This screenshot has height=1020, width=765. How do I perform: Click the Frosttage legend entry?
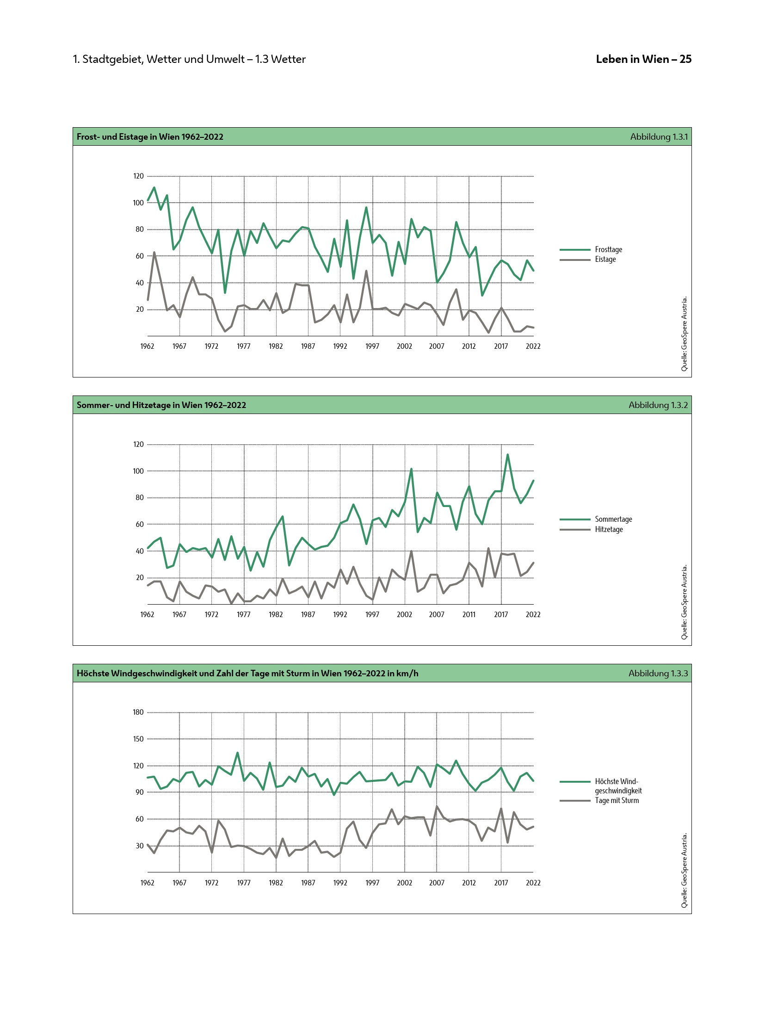click(608, 249)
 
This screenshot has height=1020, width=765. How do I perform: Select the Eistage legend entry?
click(605, 259)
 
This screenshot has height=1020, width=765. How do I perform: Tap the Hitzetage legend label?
click(609, 529)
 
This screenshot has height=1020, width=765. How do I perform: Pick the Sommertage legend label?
click(613, 519)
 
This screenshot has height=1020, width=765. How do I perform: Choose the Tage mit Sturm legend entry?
click(617, 800)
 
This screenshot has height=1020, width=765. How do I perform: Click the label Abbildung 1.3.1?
click(659, 136)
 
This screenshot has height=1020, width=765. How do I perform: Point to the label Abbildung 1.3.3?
click(658, 673)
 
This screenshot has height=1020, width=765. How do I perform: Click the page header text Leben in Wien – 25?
click(643, 59)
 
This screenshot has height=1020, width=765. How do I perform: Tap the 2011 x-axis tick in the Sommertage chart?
click(469, 614)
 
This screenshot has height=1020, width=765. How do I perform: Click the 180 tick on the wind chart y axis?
click(138, 712)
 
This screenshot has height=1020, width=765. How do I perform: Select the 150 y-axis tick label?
click(138, 739)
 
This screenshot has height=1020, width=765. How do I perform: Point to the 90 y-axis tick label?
click(140, 792)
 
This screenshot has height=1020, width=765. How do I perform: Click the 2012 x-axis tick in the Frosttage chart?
click(469, 346)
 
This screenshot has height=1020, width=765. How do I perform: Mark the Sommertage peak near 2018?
click(507, 455)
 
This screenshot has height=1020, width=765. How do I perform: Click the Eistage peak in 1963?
click(154, 253)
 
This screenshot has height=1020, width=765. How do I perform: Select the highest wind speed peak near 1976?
click(237, 753)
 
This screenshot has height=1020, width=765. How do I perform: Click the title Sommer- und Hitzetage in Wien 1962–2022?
click(161, 405)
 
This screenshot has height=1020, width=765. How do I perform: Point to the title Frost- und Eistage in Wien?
click(150, 136)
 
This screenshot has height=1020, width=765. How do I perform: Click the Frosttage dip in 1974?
click(225, 292)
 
